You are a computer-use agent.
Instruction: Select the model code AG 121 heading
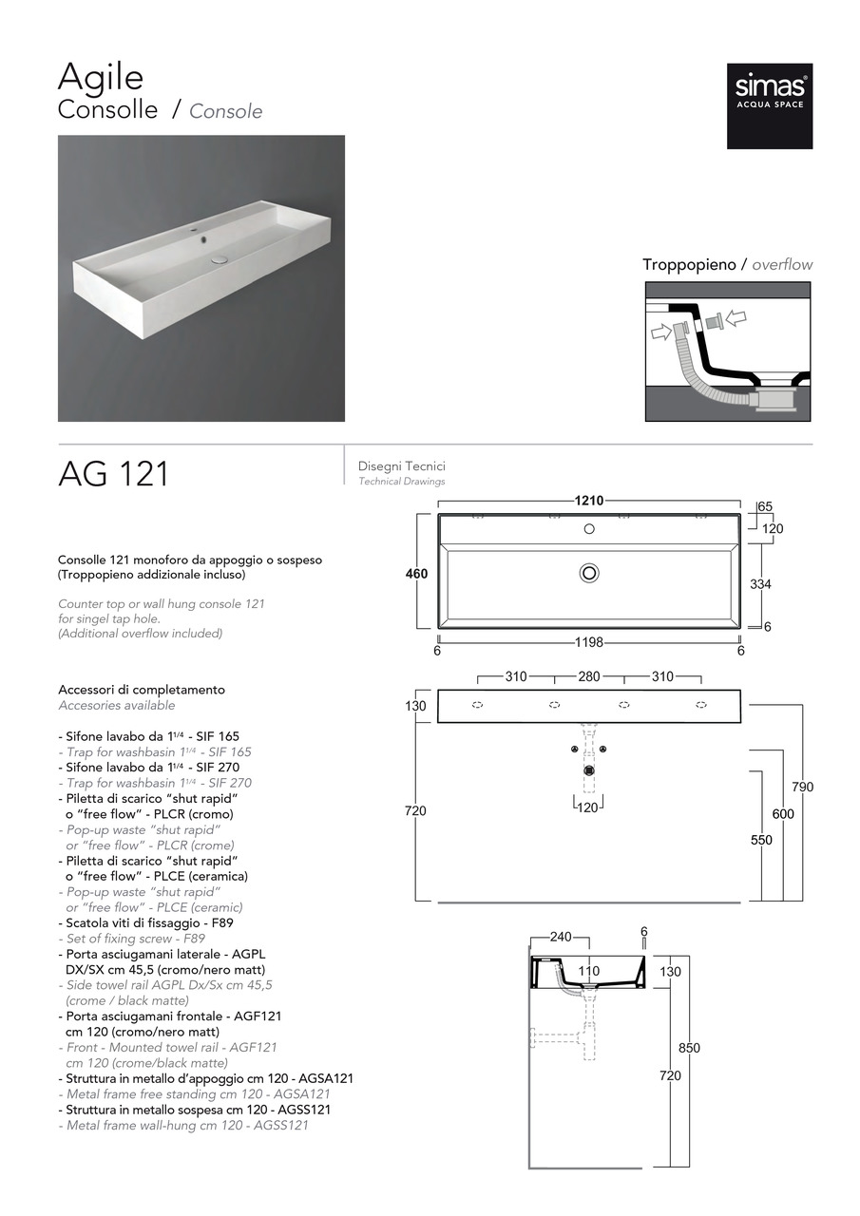pyautogui.click(x=113, y=473)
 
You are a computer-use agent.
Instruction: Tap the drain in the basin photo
pyautogui.click(x=220, y=257)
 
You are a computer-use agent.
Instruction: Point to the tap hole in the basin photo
pyautogui.click(x=203, y=231)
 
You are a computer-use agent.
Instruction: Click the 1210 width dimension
pyautogui.click(x=589, y=501)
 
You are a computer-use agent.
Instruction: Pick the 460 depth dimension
pyautogui.click(x=416, y=574)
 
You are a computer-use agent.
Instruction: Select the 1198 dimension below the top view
pyautogui.click(x=589, y=642)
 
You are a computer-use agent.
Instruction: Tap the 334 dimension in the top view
pyautogui.click(x=760, y=584)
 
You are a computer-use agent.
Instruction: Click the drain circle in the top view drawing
pyautogui.click(x=589, y=572)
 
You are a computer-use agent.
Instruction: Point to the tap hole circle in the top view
pyautogui.click(x=589, y=528)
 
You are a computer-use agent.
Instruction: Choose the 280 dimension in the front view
pyautogui.click(x=589, y=676)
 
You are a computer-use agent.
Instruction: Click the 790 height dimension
pyautogui.click(x=803, y=787)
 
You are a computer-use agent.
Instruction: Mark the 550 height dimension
pyautogui.click(x=761, y=840)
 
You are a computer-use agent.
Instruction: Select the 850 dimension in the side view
pyautogui.click(x=689, y=1048)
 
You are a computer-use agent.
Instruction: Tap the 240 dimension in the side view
pyautogui.click(x=561, y=937)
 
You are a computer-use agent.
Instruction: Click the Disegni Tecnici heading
pyautogui.click(x=401, y=466)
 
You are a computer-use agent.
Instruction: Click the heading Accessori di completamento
pyautogui.click(x=142, y=690)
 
